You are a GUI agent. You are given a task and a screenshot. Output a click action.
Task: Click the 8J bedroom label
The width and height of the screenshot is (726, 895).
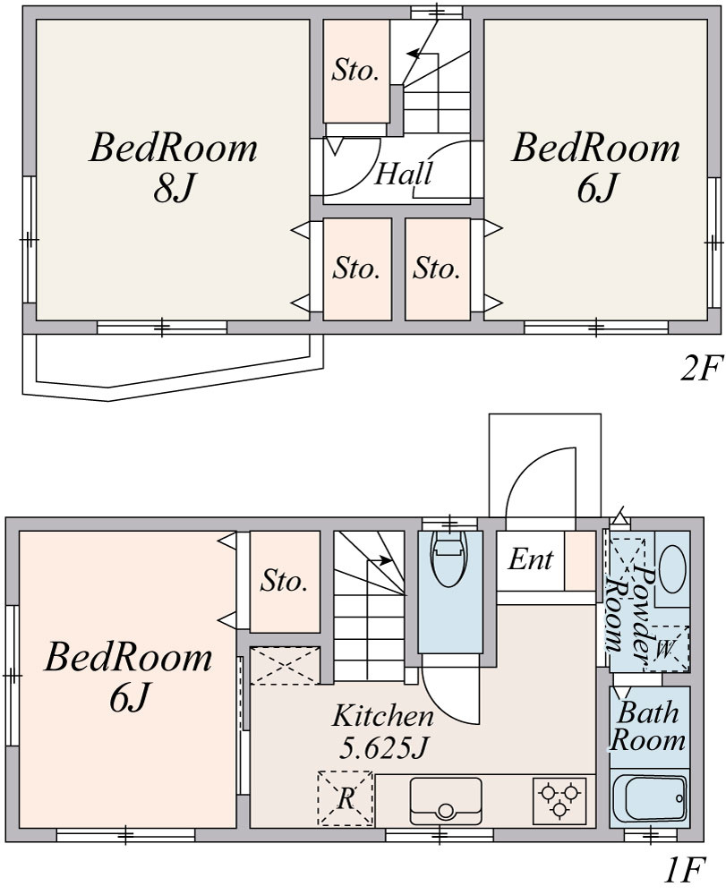click(173, 166)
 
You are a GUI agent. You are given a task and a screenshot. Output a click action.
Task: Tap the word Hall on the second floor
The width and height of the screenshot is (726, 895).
click(403, 173)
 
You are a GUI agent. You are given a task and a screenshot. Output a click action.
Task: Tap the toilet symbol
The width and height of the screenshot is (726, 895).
click(449, 557)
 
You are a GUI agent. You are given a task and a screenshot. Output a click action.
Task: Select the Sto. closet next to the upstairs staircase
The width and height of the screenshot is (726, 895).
click(356, 71)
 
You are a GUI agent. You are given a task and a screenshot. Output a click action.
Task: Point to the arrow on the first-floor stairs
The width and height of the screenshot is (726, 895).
click(380, 560)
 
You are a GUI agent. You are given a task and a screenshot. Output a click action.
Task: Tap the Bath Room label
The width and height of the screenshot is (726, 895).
click(648, 726)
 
